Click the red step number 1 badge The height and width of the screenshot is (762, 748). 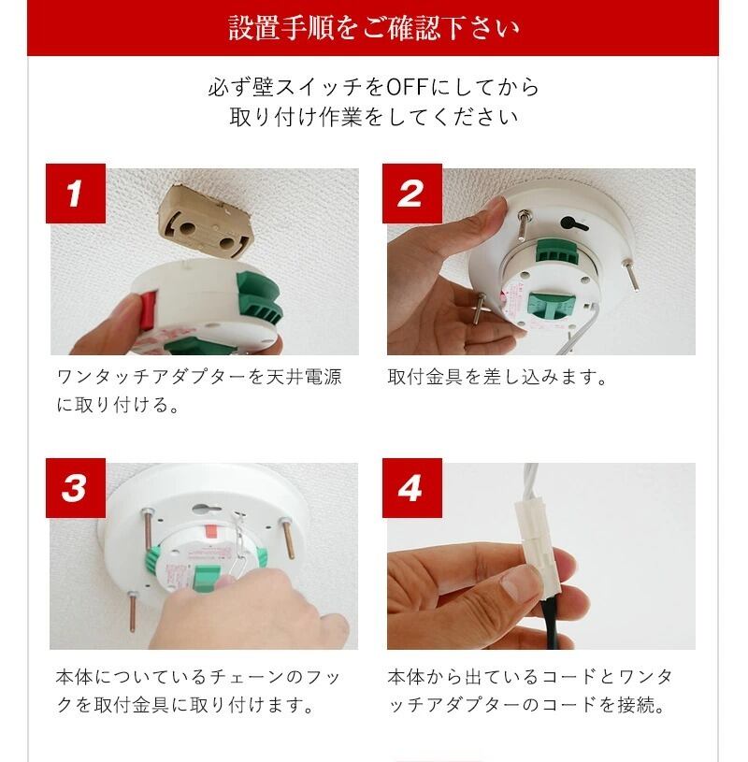coord(76,194)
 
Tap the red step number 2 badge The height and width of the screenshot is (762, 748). coord(412,194)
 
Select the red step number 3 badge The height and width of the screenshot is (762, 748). coord(76,488)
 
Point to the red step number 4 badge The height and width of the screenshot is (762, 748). coord(412,488)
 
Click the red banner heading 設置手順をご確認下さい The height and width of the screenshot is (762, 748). coord(373,28)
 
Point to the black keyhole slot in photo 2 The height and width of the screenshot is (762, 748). coord(574,224)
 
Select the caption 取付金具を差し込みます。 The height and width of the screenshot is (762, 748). coord(497,377)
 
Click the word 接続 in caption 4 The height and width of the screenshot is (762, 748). coord(636,705)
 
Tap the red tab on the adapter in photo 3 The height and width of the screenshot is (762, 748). coord(212,530)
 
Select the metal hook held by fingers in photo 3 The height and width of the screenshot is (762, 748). coord(238,549)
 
